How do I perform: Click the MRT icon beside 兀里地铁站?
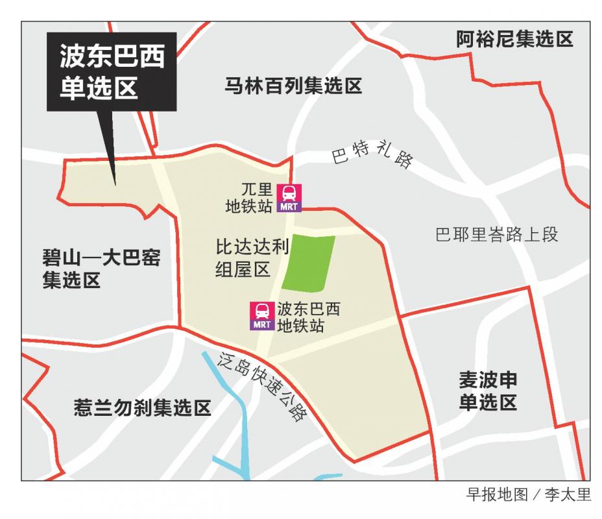click(x=289, y=198)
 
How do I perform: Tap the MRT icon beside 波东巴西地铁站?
click(x=263, y=316)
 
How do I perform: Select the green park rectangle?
click(x=311, y=263)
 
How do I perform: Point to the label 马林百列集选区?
click(x=293, y=86)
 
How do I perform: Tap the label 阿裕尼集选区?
click(x=514, y=40)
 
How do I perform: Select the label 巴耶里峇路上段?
click(x=496, y=235)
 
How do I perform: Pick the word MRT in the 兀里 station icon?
click(x=289, y=207)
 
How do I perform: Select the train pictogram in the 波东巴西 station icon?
click(x=263, y=310)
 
